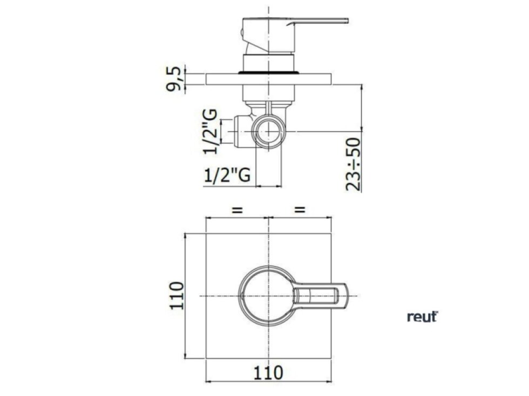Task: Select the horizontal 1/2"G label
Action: point(228,176)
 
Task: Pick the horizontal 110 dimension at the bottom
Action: point(269,372)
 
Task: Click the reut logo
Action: point(422,317)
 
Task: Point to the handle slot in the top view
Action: point(318,296)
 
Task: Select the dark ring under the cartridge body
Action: point(268,71)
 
